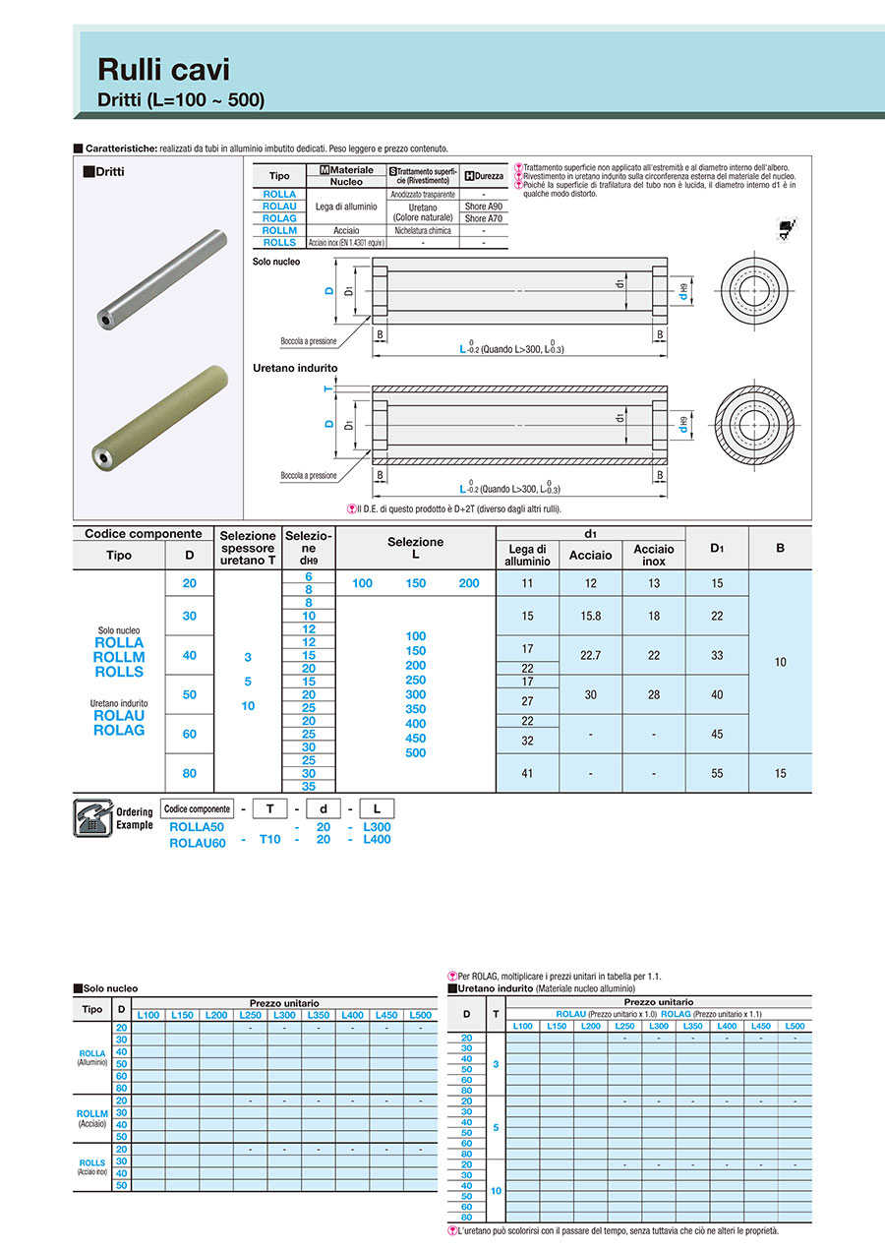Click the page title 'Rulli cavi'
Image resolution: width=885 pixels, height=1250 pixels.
pyautogui.click(x=163, y=69)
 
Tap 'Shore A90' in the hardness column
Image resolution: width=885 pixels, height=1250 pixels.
pyautogui.click(x=483, y=207)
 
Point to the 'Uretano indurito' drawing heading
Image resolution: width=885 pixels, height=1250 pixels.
pyautogui.click(x=295, y=368)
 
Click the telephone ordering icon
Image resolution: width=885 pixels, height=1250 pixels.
pyautogui.click(x=93, y=818)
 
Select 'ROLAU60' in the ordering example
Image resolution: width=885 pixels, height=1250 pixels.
pyautogui.click(x=198, y=842)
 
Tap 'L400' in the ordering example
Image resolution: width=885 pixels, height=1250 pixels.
pyautogui.click(x=377, y=839)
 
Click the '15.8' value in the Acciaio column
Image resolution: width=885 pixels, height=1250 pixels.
pyautogui.click(x=590, y=616)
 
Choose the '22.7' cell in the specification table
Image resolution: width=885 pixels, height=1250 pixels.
pyautogui.click(x=590, y=655)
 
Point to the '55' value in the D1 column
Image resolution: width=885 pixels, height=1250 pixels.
pyautogui.click(x=717, y=773)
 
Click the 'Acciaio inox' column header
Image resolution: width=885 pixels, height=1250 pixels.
pyautogui.click(x=653, y=555)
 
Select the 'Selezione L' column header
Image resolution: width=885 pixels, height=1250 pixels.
pyautogui.click(x=415, y=548)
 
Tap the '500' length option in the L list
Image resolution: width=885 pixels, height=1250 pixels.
pyautogui.click(x=415, y=753)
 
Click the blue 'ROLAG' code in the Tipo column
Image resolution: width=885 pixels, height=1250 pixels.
pyautogui.click(x=119, y=730)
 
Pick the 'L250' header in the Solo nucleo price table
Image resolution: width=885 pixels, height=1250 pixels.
pyautogui.click(x=250, y=1015)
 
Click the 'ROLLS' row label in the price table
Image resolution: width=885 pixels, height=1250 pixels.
pyautogui.click(x=92, y=1162)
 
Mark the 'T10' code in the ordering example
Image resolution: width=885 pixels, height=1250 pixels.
pyautogui.click(x=269, y=839)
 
